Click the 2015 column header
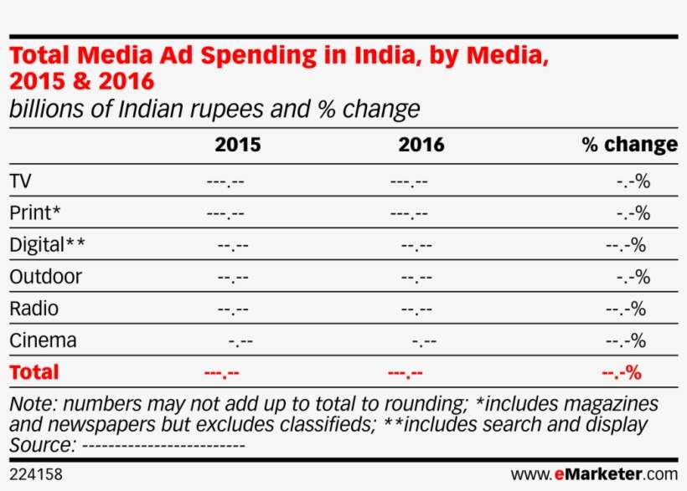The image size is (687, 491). (237, 145)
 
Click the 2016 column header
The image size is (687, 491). (421, 145)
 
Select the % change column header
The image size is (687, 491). (629, 145)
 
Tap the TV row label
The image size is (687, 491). (21, 182)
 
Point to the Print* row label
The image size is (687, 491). (34, 213)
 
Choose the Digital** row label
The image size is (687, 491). (47, 245)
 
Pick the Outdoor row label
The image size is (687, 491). (45, 277)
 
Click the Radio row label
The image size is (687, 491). (34, 309)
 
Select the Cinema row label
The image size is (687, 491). (43, 340)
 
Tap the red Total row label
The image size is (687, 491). (34, 372)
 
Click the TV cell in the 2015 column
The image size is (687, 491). (225, 182)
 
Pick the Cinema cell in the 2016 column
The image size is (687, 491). (425, 341)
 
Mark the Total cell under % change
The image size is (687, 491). (621, 373)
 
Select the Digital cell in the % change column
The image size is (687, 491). (625, 246)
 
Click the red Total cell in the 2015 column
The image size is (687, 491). (221, 373)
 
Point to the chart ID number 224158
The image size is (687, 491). (35, 474)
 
